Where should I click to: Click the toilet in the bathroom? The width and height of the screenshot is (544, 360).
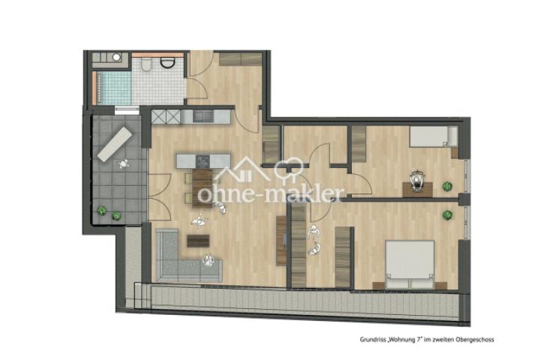[x=146, y=64]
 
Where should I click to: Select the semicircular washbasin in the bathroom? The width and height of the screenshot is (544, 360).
[x=167, y=63]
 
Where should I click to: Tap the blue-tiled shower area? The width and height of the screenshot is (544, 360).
[x=114, y=88]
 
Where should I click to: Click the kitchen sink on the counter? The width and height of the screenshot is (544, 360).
[x=203, y=116]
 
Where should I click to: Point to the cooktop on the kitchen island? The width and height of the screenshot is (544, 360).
[x=203, y=161]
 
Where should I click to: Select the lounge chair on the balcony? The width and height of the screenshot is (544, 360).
[x=115, y=144]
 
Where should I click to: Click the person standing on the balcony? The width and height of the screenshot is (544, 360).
[x=124, y=163]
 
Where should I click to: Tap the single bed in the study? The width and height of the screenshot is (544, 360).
[x=434, y=136]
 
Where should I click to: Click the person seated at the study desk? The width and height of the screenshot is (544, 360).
[x=417, y=181]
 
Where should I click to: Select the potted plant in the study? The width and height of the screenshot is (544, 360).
[x=447, y=187]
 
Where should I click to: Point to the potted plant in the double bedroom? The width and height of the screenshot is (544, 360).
[x=447, y=215]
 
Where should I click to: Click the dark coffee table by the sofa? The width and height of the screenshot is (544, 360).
[x=198, y=241]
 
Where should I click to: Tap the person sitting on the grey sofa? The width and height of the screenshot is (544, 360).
[x=208, y=260]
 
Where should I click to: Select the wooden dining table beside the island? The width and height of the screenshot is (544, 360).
[x=203, y=188]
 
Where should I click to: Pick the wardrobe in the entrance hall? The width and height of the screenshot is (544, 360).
[x=241, y=58]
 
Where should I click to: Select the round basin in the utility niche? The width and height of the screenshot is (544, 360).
[x=116, y=57]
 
